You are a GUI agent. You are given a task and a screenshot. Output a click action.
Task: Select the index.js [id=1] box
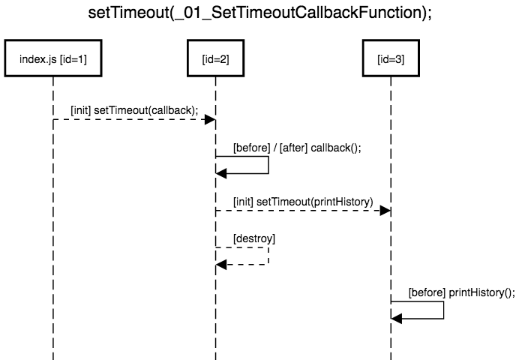click(x=53, y=58)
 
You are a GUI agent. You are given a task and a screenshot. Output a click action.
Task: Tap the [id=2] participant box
click(x=215, y=58)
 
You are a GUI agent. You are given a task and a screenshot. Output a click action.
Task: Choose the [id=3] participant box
click(x=391, y=58)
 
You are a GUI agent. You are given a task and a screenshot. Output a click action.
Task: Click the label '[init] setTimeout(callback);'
click(x=134, y=109)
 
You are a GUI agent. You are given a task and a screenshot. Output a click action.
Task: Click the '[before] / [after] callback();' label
click(x=297, y=148)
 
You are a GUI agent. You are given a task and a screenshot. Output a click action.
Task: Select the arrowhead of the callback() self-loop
click(x=221, y=174)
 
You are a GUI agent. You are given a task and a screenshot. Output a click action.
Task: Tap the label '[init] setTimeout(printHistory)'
click(x=302, y=202)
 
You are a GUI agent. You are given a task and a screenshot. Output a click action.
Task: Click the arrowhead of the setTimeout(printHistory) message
click(x=386, y=211)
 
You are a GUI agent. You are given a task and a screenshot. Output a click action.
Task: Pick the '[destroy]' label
click(x=254, y=238)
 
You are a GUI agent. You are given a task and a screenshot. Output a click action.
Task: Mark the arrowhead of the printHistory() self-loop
click(x=397, y=319)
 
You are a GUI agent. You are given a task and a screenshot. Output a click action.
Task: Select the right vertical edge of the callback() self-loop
click(x=268, y=165)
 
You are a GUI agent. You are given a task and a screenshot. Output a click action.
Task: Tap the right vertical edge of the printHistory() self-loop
click(x=444, y=310)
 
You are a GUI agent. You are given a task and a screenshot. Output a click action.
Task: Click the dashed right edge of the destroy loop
click(x=268, y=256)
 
